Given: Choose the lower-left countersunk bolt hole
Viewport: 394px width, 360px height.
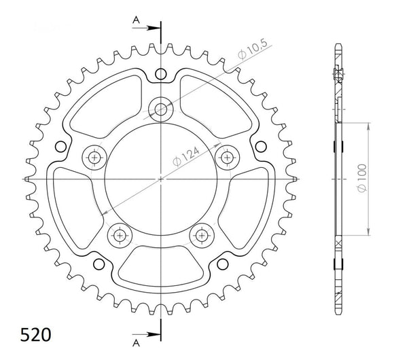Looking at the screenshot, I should pos(120,235).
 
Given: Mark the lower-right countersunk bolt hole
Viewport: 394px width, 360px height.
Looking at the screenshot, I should pos(202,235).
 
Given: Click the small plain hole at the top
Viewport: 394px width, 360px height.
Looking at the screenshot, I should pos(161,73).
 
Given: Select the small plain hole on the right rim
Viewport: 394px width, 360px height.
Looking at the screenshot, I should pos(262,146).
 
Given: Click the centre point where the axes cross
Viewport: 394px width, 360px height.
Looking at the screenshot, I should pos(161,179).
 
